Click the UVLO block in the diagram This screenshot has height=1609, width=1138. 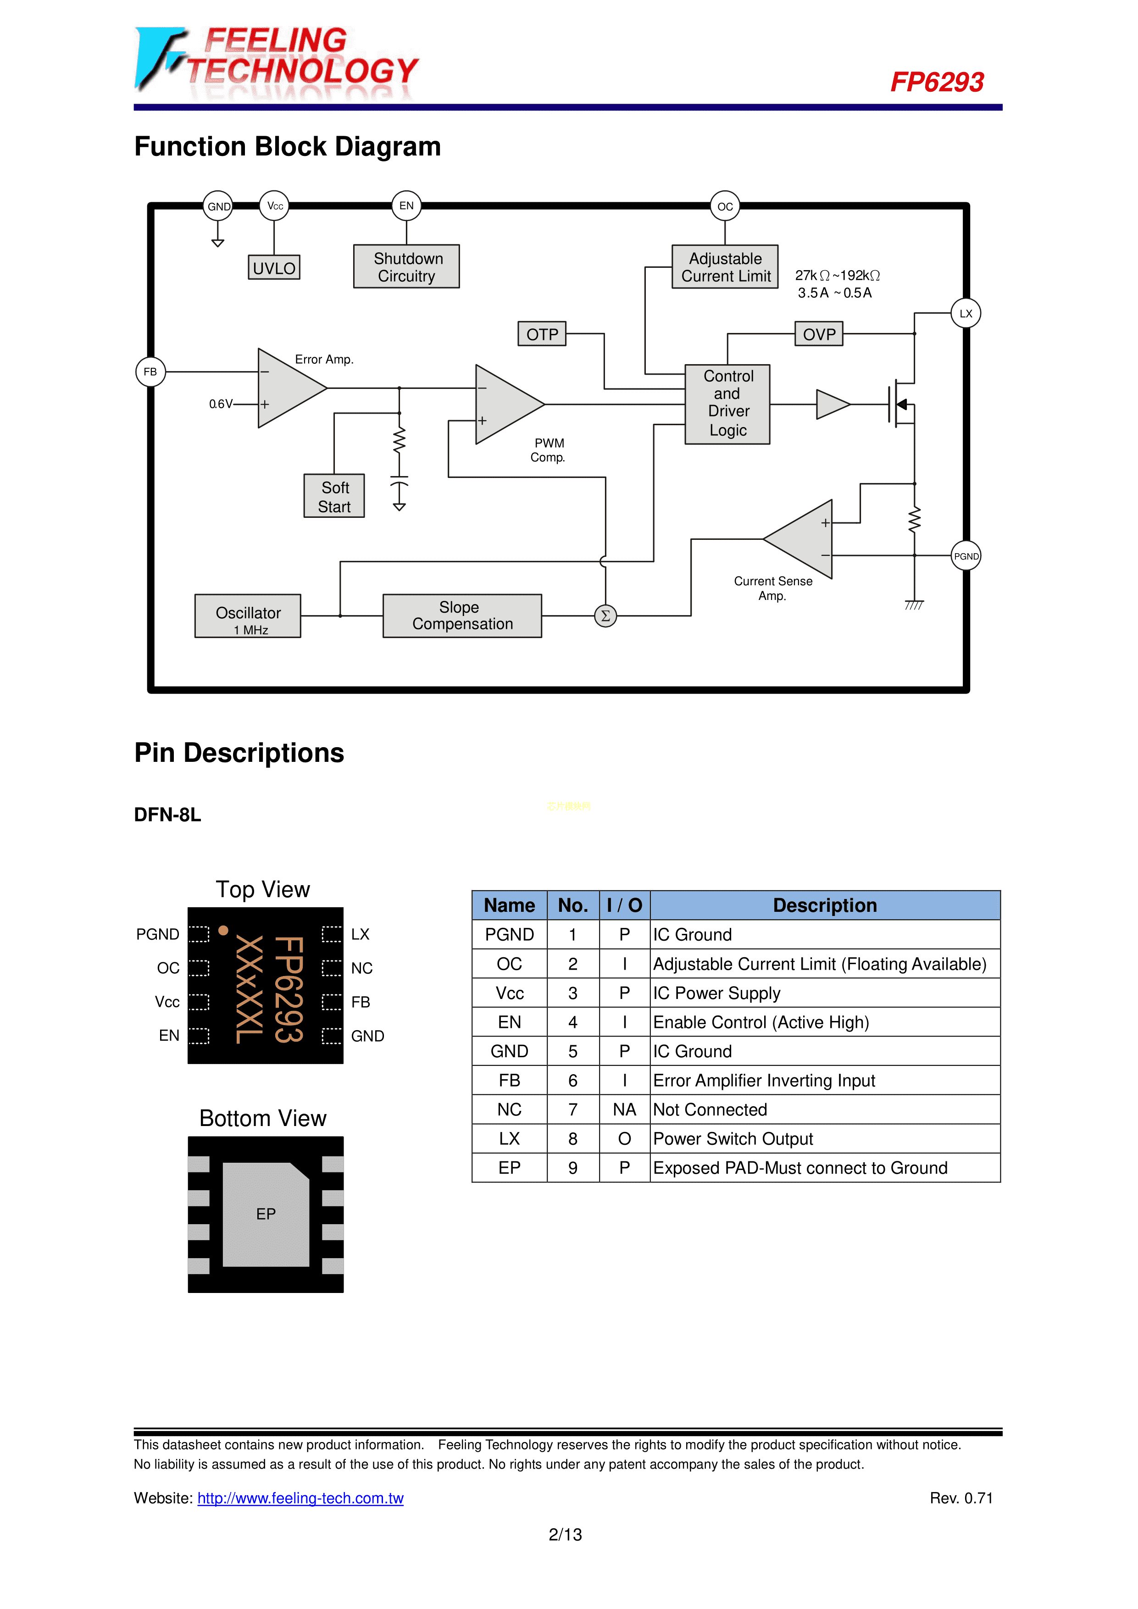pyautogui.click(x=274, y=268)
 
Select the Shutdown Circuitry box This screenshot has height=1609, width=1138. pyautogui.click(x=406, y=266)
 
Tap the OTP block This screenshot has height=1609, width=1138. pyautogui.click(x=542, y=334)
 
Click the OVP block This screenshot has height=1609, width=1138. pyautogui.click(x=818, y=334)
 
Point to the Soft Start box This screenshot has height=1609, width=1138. pyautogui.click(x=334, y=496)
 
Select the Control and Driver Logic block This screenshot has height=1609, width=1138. pyautogui.click(x=727, y=404)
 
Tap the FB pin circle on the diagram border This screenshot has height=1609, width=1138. pyautogui.click(x=150, y=372)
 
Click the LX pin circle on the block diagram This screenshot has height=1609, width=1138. pyautogui.click(x=966, y=313)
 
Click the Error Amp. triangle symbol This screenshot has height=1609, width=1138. pyautogui.click(x=287, y=388)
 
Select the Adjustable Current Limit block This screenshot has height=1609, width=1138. pyautogui.click(x=725, y=267)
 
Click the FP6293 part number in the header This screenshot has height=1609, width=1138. pyautogui.click(x=937, y=82)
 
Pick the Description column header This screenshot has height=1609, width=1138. pyautogui.click(x=825, y=905)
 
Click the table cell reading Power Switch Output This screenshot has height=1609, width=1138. pyautogui.click(x=733, y=1139)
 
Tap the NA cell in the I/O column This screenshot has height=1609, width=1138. pyautogui.click(x=624, y=1110)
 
